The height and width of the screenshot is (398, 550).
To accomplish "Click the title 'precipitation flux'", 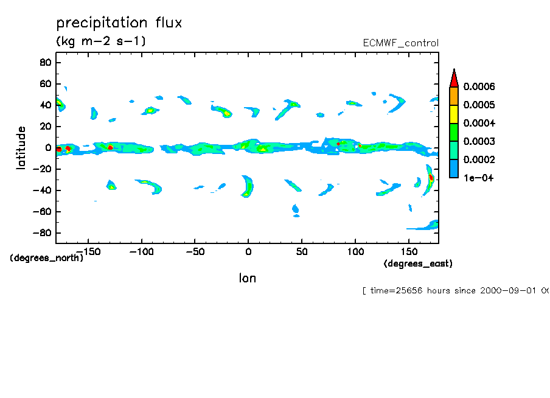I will (x=119, y=23).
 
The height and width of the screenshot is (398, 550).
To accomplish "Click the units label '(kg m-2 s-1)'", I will (x=100, y=41).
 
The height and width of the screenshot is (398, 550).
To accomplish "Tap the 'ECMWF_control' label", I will (x=400, y=43).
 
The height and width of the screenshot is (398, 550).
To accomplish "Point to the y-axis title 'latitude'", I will (x=21, y=148).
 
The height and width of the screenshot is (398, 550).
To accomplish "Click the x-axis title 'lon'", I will (x=247, y=278).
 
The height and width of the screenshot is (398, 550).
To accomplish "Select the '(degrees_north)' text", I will (x=46, y=257).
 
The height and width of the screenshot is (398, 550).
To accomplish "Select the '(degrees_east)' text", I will (x=418, y=264).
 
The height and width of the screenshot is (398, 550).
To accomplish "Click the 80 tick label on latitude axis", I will (x=44, y=62).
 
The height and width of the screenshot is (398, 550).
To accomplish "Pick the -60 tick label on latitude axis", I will (x=41, y=212).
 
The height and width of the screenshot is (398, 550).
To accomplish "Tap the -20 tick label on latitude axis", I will (x=41, y=169).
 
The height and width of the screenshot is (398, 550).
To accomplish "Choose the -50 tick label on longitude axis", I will (x=195, y=251).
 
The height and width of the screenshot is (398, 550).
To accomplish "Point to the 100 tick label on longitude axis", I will (x=355, y=251).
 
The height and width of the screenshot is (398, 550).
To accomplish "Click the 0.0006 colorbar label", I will (x=479, y=87).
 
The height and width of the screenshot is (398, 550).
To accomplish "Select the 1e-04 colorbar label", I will (x=478, y=178).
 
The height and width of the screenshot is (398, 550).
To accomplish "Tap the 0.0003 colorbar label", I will (x=479, y=142).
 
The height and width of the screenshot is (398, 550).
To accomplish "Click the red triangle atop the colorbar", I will (x=453, y=77).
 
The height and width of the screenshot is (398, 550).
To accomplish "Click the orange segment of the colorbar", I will (x=453, y=96).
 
